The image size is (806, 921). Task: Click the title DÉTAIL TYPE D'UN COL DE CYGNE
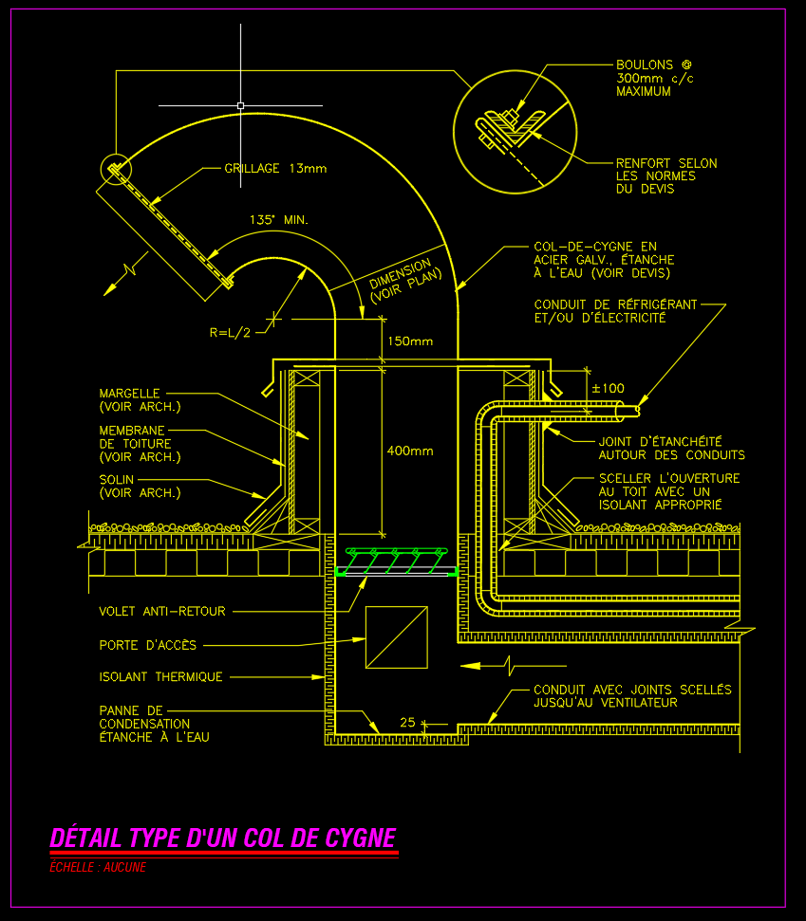coord(222,838)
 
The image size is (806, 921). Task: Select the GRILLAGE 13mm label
coord(274,169)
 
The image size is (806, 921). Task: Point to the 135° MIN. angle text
coord(279,220)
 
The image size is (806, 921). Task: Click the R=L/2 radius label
coord(230,332)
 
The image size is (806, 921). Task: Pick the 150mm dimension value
coord(409,341)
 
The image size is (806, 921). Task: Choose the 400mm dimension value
coord(409,451)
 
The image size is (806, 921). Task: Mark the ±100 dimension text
coord(608,388)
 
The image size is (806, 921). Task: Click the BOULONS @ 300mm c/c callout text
coord(654,79)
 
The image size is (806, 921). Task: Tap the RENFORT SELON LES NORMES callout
coord(665,176)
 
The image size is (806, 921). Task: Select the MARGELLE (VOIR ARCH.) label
coord(140,399)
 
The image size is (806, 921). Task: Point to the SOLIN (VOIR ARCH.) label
coord(140,487)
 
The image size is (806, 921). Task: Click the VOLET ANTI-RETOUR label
coord(162,612)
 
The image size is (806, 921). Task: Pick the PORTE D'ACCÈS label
coord(148,645)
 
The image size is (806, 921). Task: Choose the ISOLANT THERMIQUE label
coord(161,677)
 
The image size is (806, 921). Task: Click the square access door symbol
coord(396,637)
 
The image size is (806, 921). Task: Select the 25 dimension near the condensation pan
coord(408,723)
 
